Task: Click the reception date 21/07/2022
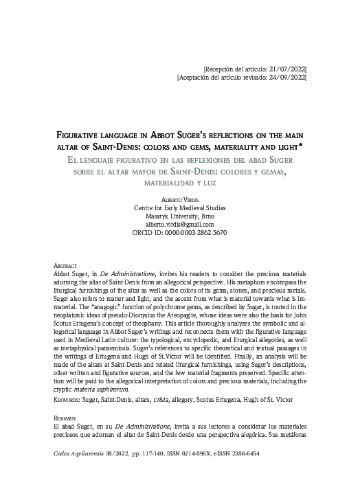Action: [287, 69]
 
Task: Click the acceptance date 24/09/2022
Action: [287, 79]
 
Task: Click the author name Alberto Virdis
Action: [179, 199]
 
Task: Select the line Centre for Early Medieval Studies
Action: [179, 207]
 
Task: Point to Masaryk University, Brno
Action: [179, 216]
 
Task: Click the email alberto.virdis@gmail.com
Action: [179, 225]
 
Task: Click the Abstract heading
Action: [65, 265]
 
